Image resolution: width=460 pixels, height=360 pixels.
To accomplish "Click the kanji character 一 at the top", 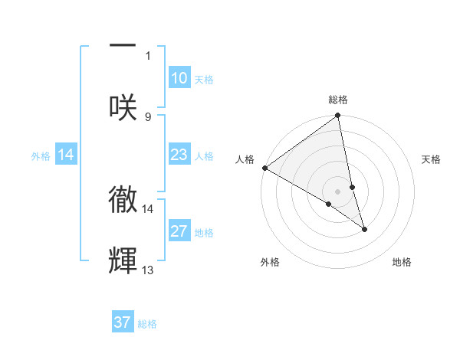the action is click(x=123, y=45).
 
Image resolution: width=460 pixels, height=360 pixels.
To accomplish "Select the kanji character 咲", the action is click(x=123, y=106).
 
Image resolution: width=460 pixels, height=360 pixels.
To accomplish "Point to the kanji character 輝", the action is click(x=123, y=261).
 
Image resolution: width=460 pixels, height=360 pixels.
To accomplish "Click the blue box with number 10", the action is click(x=179, y=78).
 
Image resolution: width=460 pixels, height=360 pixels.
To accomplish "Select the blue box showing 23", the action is click(x=179, y=155).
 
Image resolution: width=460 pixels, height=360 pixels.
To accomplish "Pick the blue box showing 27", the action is click(x=179, y=231).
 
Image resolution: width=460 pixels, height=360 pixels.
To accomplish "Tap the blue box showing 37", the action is click(x=123, y=322).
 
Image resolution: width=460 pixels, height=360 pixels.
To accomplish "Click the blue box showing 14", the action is click(x=66, y=155).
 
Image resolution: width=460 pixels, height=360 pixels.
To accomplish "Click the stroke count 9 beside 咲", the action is click(x=148, y=116).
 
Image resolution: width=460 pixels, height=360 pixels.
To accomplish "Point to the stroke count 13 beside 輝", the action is click(x=148, y=270).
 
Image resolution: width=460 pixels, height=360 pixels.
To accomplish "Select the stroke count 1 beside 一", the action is click(x=148, y=55).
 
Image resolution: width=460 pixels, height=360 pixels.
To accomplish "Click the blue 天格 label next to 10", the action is click(x=204, y=79).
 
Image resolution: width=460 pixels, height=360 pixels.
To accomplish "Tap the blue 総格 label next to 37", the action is click(x=147, y=323).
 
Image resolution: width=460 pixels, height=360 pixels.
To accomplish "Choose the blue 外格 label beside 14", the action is click(x=41, y=156).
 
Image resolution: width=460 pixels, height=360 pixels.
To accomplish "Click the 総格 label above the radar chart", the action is click(x=338, y=100).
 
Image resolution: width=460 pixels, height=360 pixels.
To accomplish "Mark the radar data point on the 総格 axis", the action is click(x=338, y=116).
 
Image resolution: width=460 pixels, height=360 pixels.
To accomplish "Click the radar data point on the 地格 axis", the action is click(x=364, y=229).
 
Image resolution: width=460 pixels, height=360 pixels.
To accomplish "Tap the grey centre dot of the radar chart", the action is click(x=338, y=191).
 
